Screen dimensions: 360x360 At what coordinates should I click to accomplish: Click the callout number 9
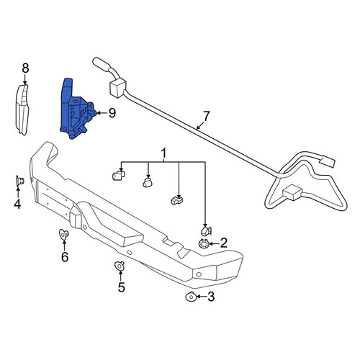click(x=112, y=113)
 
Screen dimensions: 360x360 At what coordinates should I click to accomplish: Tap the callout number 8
click(x=25, y=68)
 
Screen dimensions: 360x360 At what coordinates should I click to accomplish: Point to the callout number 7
click(x=206, y=116)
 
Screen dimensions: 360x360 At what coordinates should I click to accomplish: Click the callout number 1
click(x=163, y=153)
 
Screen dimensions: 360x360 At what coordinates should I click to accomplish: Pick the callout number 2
click(x=224, y=243)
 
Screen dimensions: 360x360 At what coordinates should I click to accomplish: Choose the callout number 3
click(x=211, y=297)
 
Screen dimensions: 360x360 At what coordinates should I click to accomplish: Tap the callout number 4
click(x=17, y=204)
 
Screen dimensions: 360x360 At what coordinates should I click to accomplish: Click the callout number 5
click(x=122, y=287)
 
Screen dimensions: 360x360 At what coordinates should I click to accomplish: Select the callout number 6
click(x=65, y=257)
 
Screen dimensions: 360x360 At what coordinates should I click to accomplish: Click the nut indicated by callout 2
click(x=204, y=244)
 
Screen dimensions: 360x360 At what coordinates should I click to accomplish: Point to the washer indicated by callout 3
click(x=191, y=297)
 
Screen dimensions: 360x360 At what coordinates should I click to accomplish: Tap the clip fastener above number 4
click(x=20, y=181)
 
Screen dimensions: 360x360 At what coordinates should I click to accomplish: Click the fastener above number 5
click(x=120, y=266)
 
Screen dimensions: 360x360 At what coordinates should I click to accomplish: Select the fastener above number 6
click(x=64, y=234)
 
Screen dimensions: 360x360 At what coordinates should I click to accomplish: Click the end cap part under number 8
click(x=22, y=109)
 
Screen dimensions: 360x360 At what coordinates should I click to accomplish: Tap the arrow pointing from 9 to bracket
click(x=102, y=113)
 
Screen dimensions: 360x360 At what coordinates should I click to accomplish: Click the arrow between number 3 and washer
click(x=202, y=297)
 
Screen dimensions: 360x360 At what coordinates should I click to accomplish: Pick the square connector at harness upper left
click(x=117, y=88)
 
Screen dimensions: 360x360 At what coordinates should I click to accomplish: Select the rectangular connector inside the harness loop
click(x=292, y=192)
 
